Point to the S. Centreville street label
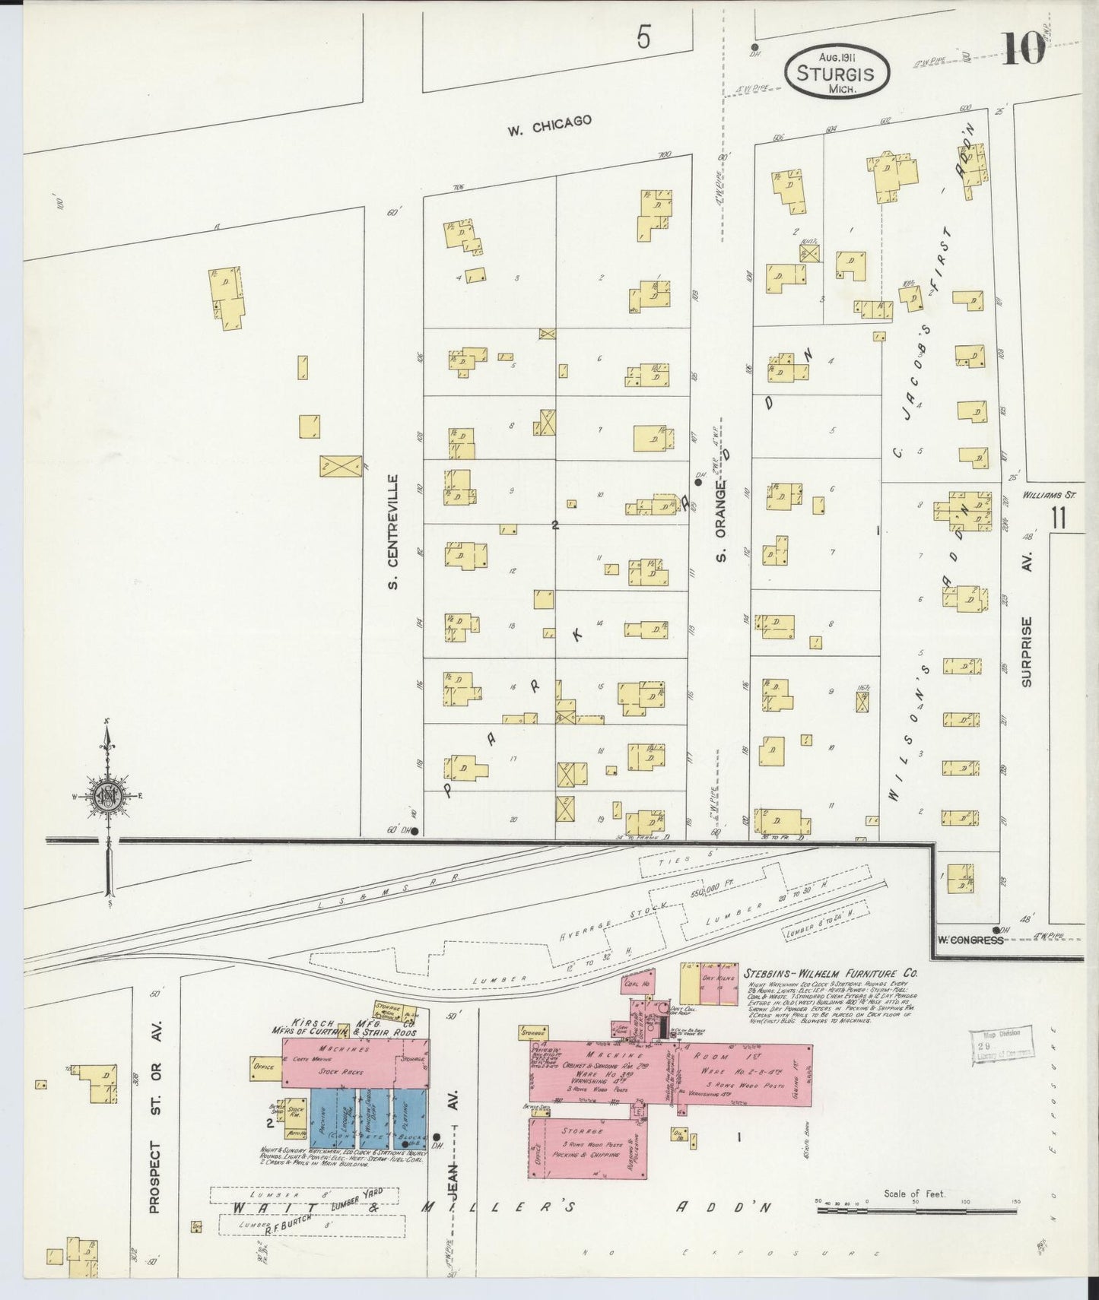point(393,532)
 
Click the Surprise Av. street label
point(1027,652)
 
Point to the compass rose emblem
point(108,795)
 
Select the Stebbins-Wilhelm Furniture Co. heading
point(831,972)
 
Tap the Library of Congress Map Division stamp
point(1002,1044)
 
